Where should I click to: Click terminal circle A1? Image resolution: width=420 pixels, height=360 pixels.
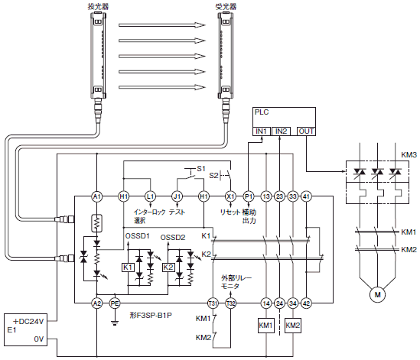click(96, 196)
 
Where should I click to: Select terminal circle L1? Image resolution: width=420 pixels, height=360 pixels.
click(150, 196)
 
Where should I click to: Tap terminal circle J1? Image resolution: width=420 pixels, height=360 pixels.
click(177, 196)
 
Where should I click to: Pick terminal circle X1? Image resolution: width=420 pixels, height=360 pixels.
click(230, 196)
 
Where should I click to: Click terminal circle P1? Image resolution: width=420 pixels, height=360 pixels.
click(249, 196)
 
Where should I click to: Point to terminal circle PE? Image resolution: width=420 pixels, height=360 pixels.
click(115, 303)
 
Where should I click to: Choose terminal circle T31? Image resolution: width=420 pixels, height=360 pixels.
click(213, 303)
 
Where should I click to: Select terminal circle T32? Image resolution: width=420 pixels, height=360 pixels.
click(230, 303)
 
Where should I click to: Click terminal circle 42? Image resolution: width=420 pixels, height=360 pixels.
click(306, 303)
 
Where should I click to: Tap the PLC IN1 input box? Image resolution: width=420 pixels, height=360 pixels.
click(262, 131)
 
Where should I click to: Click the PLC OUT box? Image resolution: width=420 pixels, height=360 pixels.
click(306, 131)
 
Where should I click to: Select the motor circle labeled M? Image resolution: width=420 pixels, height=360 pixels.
click(377, 295)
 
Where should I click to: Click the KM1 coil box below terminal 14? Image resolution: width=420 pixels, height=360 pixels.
click(266, 325)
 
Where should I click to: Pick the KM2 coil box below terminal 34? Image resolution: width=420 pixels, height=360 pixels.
click(293, 325)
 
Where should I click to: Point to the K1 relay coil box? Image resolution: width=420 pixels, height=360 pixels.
click(128, 268)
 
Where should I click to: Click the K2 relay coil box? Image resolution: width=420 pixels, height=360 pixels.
click(168, 268)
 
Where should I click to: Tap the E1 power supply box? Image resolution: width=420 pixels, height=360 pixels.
click(26, 329)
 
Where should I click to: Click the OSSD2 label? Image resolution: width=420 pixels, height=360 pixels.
click(173, 238)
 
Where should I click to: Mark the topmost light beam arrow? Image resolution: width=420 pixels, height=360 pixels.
click(162, 25)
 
